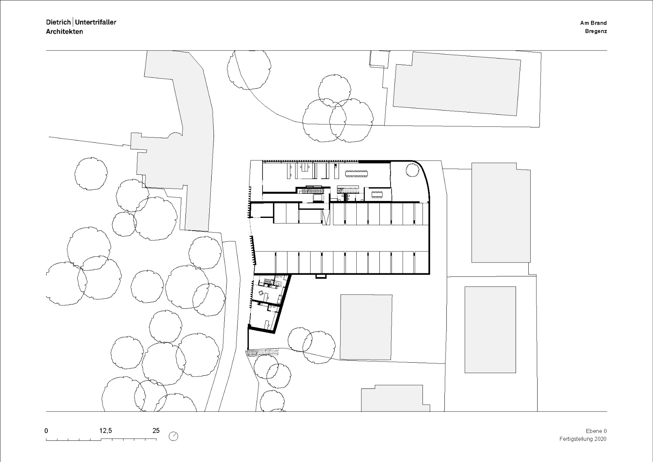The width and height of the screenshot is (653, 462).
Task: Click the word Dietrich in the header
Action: tap(58, 22)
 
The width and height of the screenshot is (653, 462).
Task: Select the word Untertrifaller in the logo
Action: tap(96, 22)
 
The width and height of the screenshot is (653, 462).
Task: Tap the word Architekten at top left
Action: tap(64, 32)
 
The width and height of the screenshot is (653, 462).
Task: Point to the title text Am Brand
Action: tap(593, 23)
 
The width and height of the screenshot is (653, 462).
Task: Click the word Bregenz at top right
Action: tap(595, 31)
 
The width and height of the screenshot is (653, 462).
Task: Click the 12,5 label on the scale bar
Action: tap(106, 431)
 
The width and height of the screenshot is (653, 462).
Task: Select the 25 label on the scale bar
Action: tap(156, 431)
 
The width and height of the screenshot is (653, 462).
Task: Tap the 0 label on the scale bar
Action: tap(47, 431)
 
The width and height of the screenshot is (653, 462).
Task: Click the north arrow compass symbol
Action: tap(174, 436)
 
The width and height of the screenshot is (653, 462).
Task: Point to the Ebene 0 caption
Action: tap(596, 431)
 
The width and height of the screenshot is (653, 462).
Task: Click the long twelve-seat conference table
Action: tap(356, 173)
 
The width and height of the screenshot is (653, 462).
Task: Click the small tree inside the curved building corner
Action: tap(412, 169)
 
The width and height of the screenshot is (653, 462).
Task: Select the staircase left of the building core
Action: tap(312, 191)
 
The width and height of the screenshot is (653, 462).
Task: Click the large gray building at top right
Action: tap(456, 84)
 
